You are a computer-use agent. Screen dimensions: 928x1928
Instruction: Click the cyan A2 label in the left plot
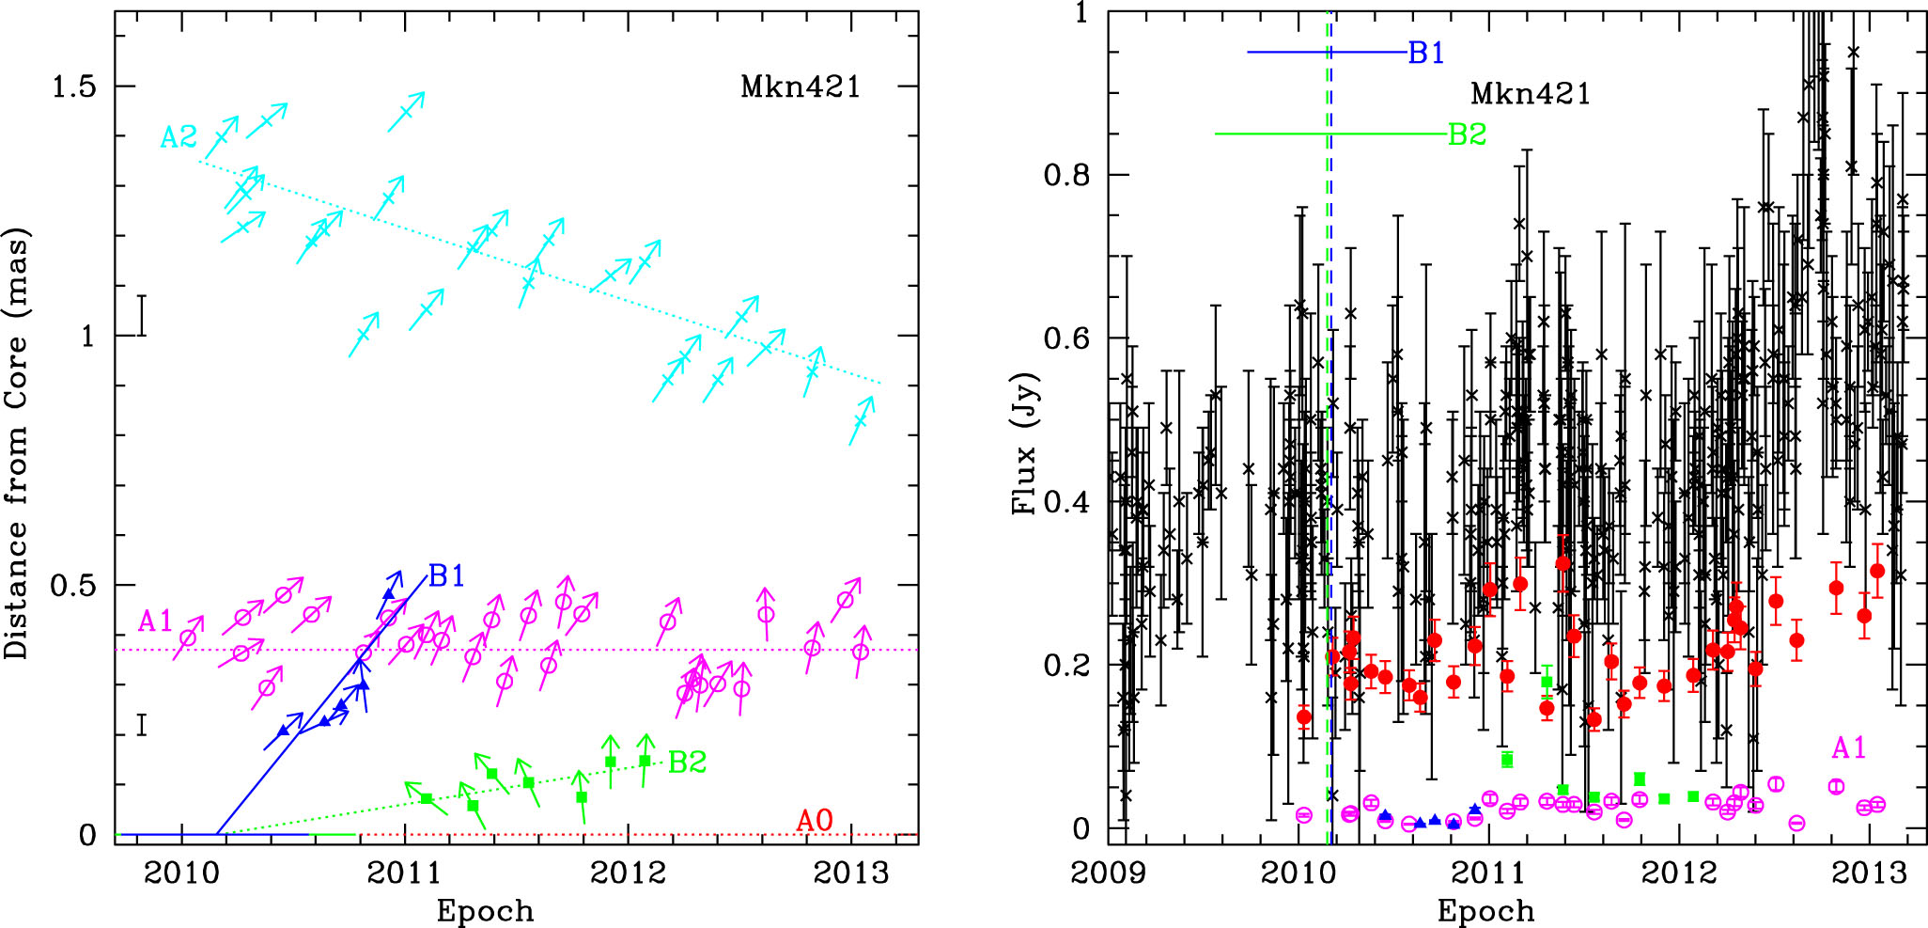(x=178, y=138)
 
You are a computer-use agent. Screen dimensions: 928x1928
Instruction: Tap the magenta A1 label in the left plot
(x=156, y=621)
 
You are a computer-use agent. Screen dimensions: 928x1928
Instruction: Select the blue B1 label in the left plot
(x=446, y=576)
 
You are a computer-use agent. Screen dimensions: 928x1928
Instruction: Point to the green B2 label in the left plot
(x=687, y=762)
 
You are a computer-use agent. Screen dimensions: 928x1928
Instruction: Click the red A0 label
(x=814, y=821)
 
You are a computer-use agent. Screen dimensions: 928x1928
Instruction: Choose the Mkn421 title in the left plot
(x=800, y=87)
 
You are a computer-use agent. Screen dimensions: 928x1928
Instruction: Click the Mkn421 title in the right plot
(x=1531, y=94)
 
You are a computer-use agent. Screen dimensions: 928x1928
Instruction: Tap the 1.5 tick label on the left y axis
(x=74, y=87)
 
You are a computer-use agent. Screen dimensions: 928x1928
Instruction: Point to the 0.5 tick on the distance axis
(x=74, y=585)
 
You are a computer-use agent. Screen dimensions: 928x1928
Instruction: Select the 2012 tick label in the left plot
(x=628, y=873)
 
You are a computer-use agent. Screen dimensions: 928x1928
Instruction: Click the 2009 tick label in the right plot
(x=1109, y=873)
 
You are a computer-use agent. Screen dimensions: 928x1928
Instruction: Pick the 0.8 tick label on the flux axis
(x=1065, y=175)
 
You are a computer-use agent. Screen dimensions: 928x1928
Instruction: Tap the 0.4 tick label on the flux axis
(x=1065, y=501)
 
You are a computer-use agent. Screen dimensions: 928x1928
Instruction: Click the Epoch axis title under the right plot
(x=1485, y=910)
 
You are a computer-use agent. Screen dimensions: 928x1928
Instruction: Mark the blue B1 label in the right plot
(x=1425, y=54)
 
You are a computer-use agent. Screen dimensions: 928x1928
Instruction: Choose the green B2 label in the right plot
(x=1467, y=134)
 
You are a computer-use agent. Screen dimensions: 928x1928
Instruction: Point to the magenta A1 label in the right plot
(x=1848, y=748)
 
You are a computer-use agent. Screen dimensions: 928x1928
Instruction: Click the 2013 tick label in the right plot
(x=1869, y=873)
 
